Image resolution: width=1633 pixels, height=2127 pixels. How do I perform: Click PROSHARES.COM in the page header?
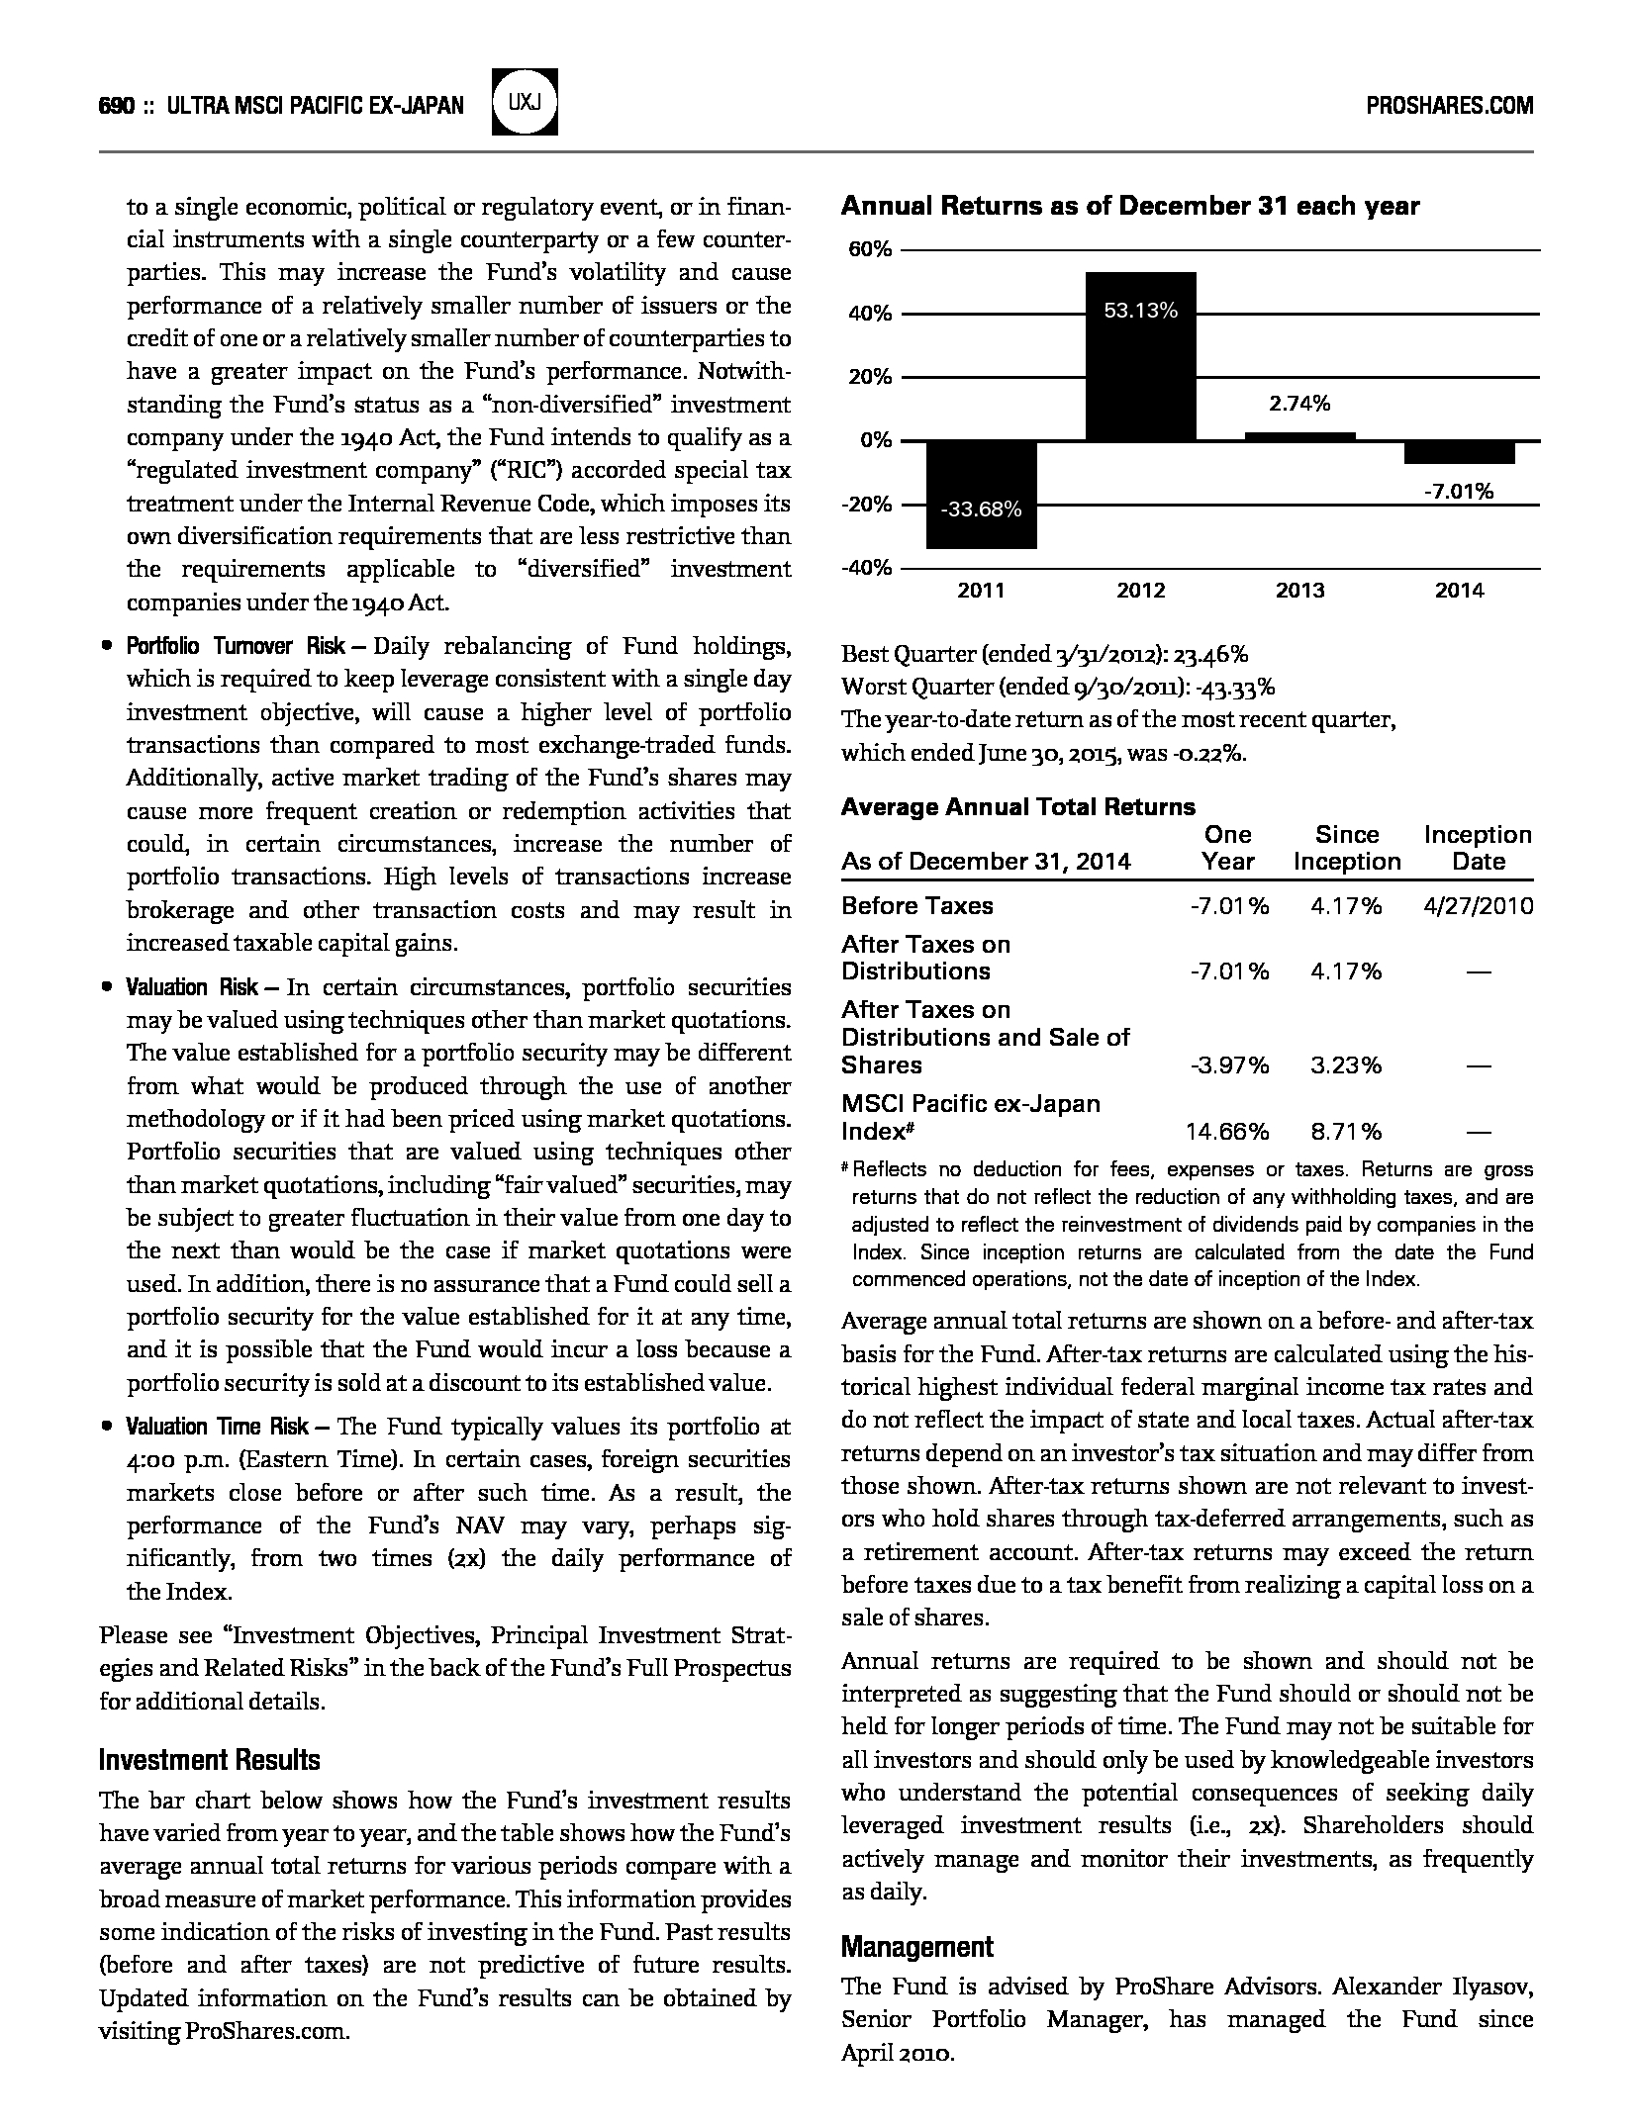pyautogui.click(x=1449, y=106)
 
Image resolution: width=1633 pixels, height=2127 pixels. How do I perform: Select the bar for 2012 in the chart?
pyautogui.click(x=1140, y=356)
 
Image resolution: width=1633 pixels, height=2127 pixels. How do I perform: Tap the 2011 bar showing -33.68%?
pyautogui.click(x=981, y=495)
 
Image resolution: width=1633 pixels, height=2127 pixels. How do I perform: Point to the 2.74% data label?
pyautogui.click(x=1299, y=403)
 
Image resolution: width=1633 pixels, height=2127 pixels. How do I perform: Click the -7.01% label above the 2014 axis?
pyautogui.click(x=1459, y=491)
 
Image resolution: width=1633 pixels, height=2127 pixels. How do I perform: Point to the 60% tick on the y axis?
pyautogui.click(x=870, y=249)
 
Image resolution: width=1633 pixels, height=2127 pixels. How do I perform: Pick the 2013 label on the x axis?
pyautogui.click(x=1299, y=591)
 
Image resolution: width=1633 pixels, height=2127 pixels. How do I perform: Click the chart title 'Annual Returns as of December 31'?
pyautogui.click(x=1129, y=206)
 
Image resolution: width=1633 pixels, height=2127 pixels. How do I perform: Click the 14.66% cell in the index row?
pyautogui.click(x=1227, y=1131)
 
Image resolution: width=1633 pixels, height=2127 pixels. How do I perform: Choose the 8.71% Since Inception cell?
pyautogui.click(x=1346, y=1131)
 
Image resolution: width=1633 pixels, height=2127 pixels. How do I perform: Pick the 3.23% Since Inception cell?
pyautogui.click(x=1346, y=1064)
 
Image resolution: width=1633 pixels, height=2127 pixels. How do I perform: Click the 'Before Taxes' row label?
pyautogui.click(x=916, y=905)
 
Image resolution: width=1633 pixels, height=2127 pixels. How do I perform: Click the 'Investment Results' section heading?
pyautogui.click(x=210, y=1760)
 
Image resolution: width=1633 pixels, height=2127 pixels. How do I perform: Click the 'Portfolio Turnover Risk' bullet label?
pyautogui.click(x=236, y=646)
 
